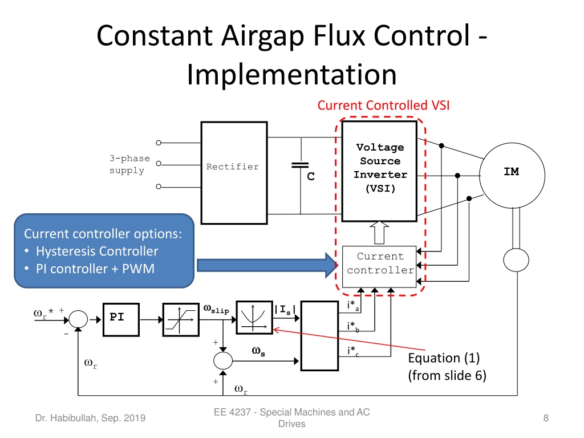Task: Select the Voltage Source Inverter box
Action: (379, 171)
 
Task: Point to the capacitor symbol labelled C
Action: (300, 165)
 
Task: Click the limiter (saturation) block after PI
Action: (181, 319)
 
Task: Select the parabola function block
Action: (254, 317)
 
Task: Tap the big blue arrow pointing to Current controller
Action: (267, 265)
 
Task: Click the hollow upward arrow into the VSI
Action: (379, 233)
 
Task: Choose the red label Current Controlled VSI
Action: (383, 106)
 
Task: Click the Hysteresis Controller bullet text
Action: (97, 252)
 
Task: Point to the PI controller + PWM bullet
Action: (95, 269)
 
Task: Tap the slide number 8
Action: (546, 418)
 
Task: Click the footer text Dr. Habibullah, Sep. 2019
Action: (90, 418)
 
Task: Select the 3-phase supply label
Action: (129, 164)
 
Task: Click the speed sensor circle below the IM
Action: (516, 260)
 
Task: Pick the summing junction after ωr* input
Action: (78, 319)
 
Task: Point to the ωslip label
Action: (216, 309)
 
